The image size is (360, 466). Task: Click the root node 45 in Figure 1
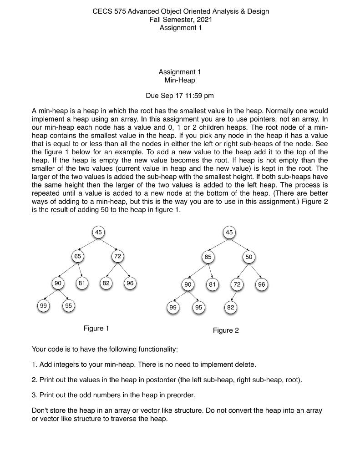pyautogui.click(x=98, y=232)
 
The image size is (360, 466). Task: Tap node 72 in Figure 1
pyautogui.click(x=117, y=257)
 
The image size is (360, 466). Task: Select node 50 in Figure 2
pyautogui.click(x=248, y=257)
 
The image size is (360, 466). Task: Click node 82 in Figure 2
pyautogui.click(x=231, y=307)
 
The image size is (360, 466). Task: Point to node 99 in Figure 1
pyautogui.click(x=43, y=306)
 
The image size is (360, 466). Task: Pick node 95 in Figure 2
pyautogui.click(x=198, y=307)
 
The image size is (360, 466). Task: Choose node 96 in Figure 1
pyautogui.click(x=131, y=283)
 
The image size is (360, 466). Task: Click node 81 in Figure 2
pyautogui.click(x=212, y=285)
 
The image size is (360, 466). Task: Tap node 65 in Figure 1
pyautogui.click(x=78, y=257)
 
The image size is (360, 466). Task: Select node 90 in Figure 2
pyautogui.click(x=188, y=285)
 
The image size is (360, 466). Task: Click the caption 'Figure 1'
pyautogui.click(x=96, y=328)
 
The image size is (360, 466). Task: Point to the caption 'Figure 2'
pyautogui.click(x=226, y=330)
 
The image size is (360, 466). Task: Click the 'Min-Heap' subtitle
pyautogui.click(x=179, y=81)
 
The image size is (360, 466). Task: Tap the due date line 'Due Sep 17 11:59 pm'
pyautogui.click(x=179, y=96)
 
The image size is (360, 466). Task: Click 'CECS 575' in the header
pyautogui.click(x=108, y=11)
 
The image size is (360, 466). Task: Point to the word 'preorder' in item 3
pyautogui.click(x=182, y=394)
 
